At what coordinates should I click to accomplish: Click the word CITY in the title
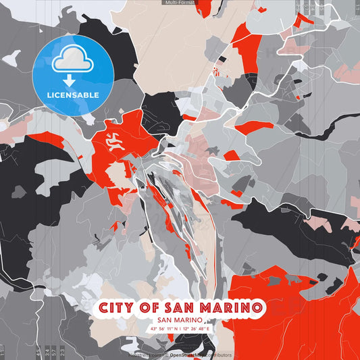click(x=119, y=308)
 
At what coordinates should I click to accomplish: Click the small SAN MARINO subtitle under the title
click(x=180, y=320)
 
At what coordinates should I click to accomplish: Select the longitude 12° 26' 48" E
click(x=196, y=329)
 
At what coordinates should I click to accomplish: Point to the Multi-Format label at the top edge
click(x=180, y=3)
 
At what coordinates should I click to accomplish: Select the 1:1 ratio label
click(x=2, y=352)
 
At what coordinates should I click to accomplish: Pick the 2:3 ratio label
click(x=63, y=352)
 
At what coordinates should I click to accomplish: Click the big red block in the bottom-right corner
click(x=297, y=317)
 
